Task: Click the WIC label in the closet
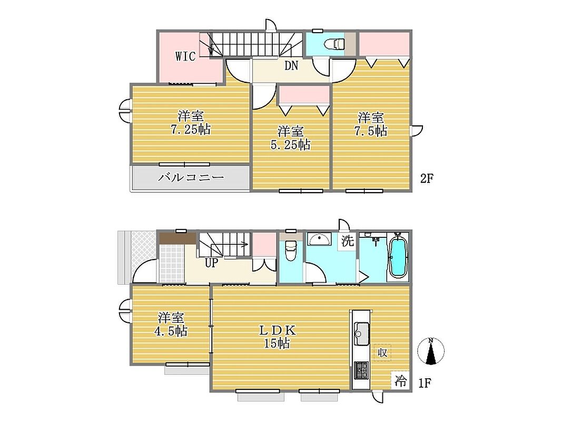[185, 56]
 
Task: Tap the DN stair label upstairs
[291, 65]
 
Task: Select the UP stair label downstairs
[211, 263]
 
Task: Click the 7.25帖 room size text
[191, 129]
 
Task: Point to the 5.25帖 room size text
[290, 145]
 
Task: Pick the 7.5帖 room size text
[371, 131]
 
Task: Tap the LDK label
[278, 330]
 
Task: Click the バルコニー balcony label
[191, 177]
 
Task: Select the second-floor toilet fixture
[334, 44]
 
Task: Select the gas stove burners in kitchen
[361, 370]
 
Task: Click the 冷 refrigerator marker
[400, 381]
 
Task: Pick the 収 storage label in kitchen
[382, 353]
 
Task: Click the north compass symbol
[431, 351]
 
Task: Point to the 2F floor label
[427, 178]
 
